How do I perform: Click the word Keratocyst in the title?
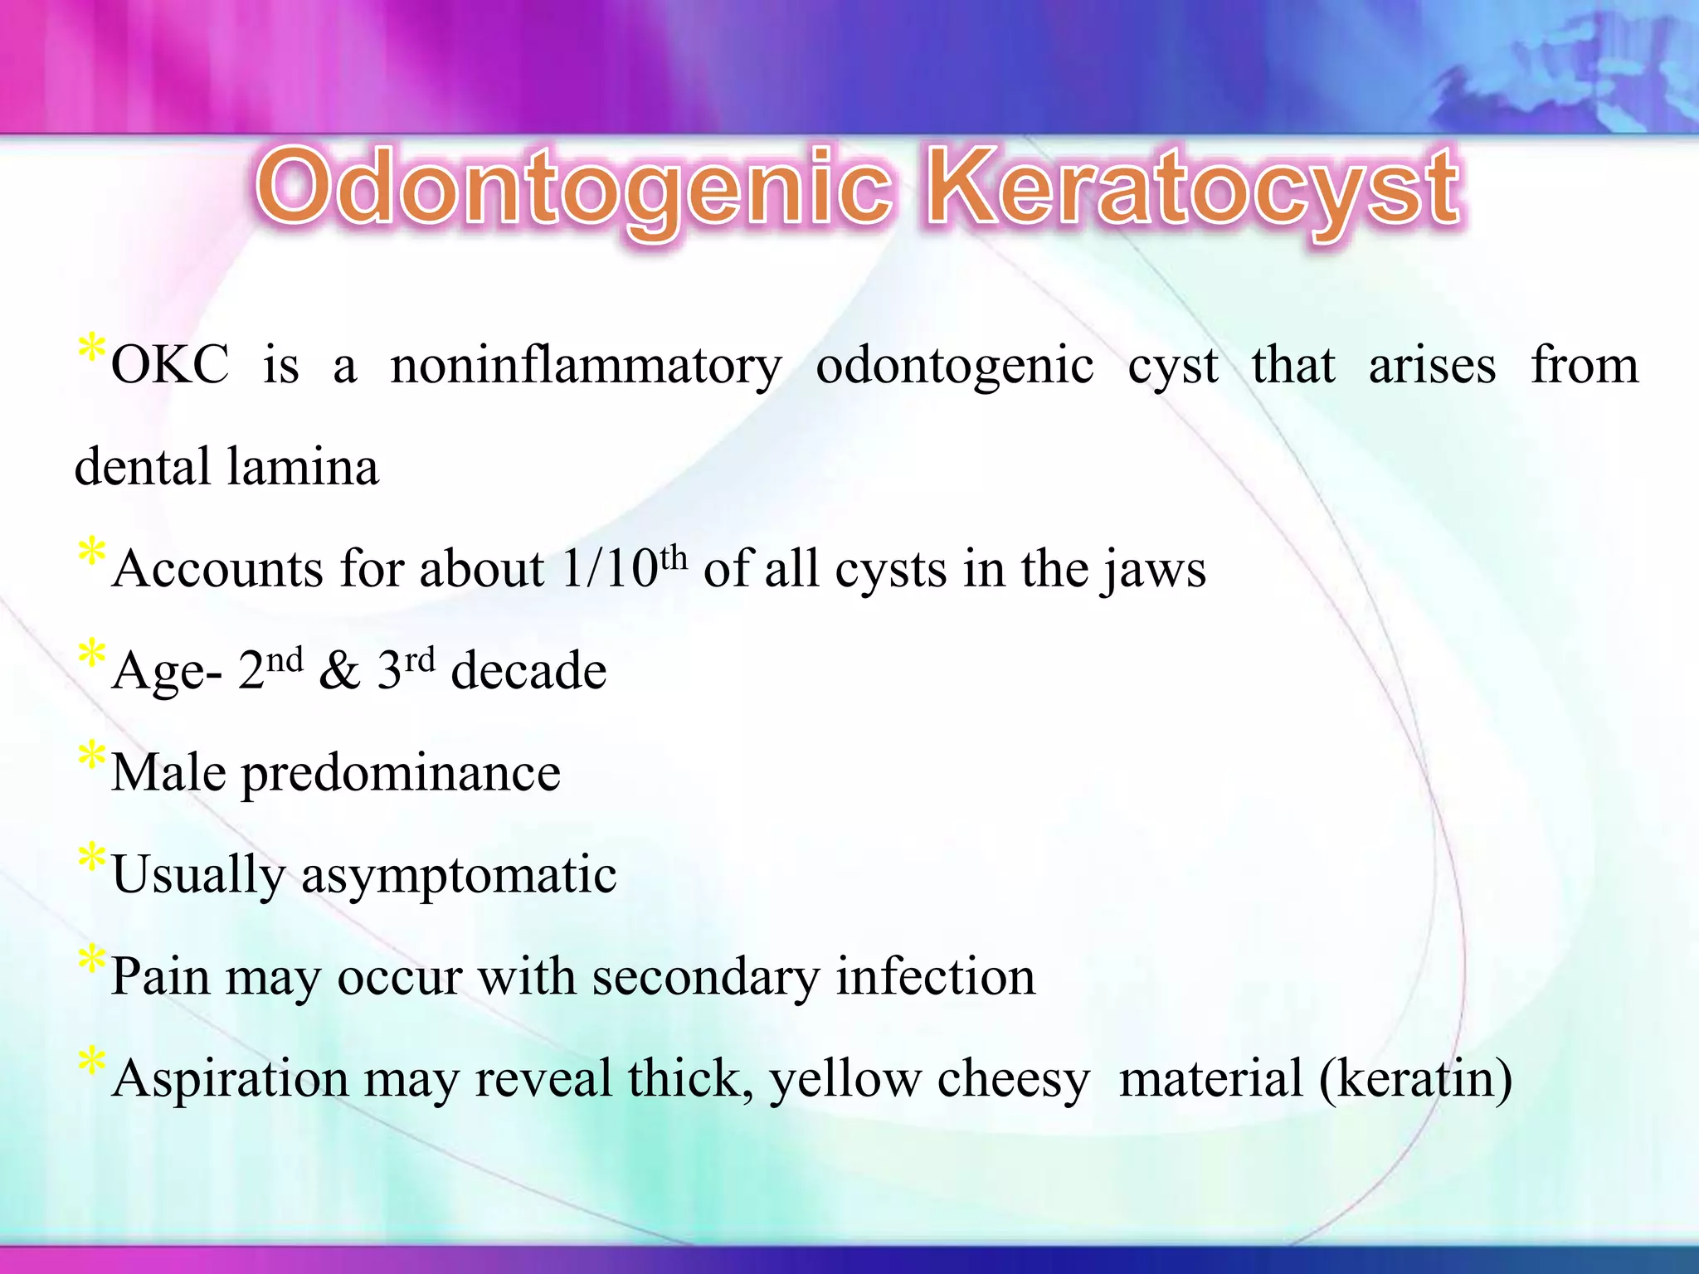click(1193, 189)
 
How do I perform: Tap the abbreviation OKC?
click(170, 365)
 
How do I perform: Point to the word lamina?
click(303, 467)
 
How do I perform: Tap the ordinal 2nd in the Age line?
click(270, 669)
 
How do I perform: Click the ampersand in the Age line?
click(340, 670)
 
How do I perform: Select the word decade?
click(528, 670)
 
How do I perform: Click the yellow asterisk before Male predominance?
click(91, 755)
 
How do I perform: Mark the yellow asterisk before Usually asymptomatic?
click(91, 857)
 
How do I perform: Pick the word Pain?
click(160, 976)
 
